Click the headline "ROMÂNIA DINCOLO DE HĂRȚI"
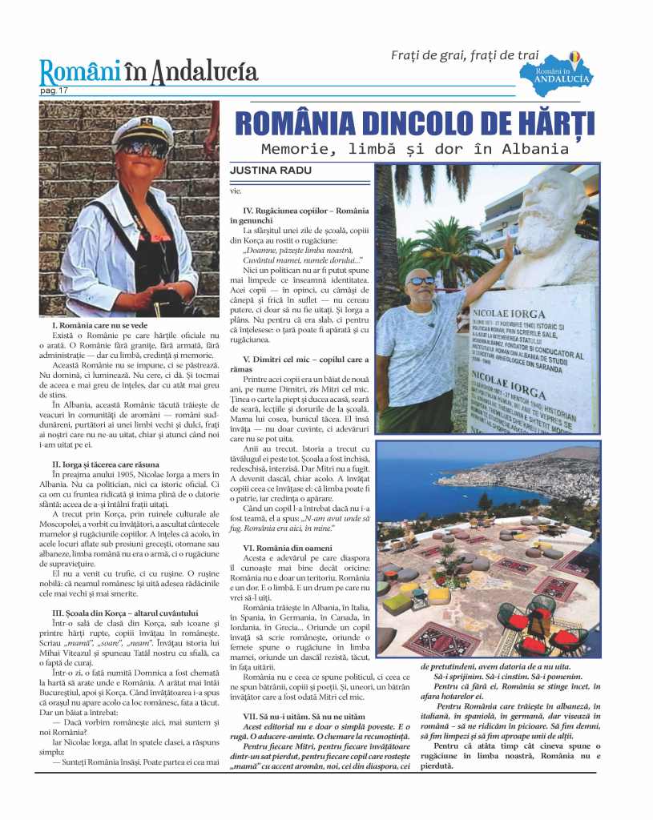[414, 125]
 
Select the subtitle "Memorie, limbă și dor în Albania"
[414, 149]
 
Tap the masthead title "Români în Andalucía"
[149, 73]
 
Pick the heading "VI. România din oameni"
[288, 548]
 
